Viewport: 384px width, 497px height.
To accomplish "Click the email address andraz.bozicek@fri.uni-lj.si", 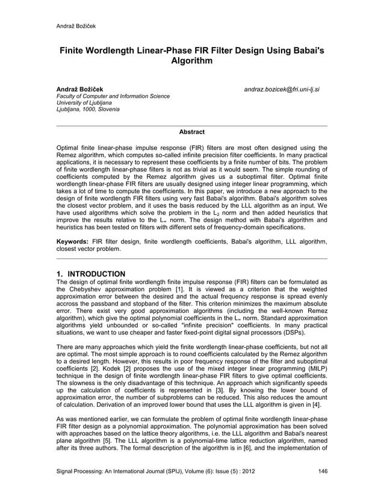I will (282, 90).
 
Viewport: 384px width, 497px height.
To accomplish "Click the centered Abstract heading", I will (192, 132).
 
